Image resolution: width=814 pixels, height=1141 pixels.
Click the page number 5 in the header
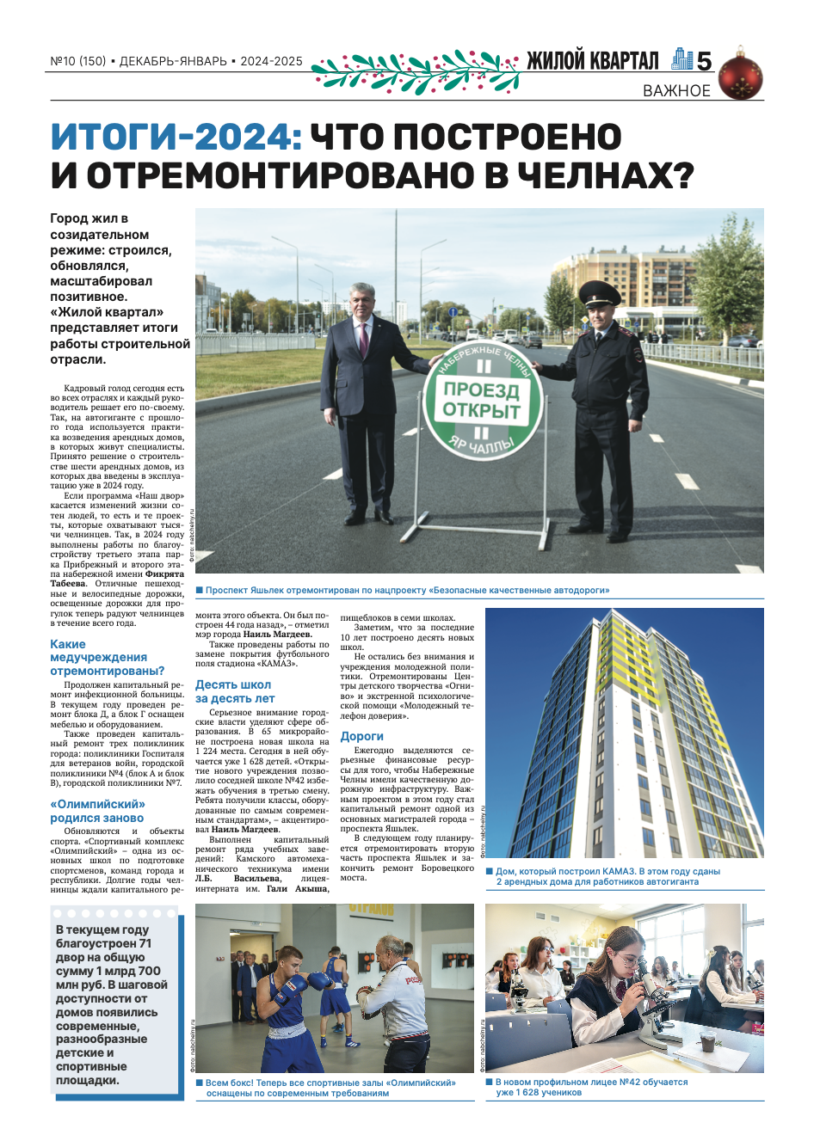click(704, 61)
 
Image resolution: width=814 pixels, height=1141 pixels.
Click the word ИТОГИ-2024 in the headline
click(175, 138)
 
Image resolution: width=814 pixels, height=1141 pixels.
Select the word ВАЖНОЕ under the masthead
click(676, 90)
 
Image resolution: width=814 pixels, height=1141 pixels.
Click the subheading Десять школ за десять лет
click(235, 691)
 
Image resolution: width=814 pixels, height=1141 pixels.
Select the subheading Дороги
click(362, 736)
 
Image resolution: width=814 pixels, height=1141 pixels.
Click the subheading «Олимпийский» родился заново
click(97, 811)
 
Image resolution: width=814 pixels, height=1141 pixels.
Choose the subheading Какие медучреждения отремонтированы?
click(107, 657)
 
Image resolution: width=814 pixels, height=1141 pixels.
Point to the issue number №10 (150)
click(78, 61)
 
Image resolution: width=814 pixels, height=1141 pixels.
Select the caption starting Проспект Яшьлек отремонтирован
click(407, 591)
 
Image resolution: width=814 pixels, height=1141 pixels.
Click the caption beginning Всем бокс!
click(330, 1088)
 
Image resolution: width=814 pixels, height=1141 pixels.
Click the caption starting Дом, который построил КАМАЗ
click(607, 876)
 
